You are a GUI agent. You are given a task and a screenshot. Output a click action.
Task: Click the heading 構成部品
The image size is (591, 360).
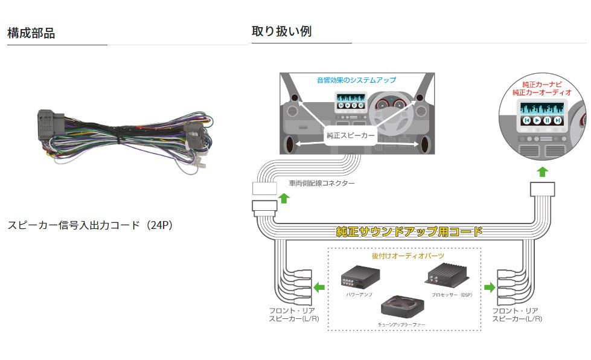(x=31, y=33)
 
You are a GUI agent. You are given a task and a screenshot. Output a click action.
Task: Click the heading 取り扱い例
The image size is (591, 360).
(x=281, y=31)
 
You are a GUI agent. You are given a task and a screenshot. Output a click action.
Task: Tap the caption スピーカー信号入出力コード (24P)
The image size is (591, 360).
(x=91, y=225)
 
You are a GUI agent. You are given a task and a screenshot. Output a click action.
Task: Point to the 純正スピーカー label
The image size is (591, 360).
(x=350, y=136)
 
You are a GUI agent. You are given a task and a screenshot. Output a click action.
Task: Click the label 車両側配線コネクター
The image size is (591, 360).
(x=322, y=183)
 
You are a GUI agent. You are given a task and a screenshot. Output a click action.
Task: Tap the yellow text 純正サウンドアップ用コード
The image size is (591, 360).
(x=409, y=231)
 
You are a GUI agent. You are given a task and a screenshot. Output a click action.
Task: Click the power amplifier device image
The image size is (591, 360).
(x=360, y=278)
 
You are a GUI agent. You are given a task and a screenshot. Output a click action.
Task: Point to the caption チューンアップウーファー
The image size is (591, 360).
(x=403, y=325)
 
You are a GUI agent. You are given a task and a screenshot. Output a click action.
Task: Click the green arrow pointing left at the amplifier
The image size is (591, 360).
(x=319, y=286)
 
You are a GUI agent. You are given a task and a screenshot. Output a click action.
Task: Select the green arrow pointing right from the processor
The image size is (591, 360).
(x=489, y=287)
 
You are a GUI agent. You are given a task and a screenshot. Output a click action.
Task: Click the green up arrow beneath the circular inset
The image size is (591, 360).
(x=542, y=172)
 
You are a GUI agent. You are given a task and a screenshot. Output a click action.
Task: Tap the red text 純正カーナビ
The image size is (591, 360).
(x=541, y=85)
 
